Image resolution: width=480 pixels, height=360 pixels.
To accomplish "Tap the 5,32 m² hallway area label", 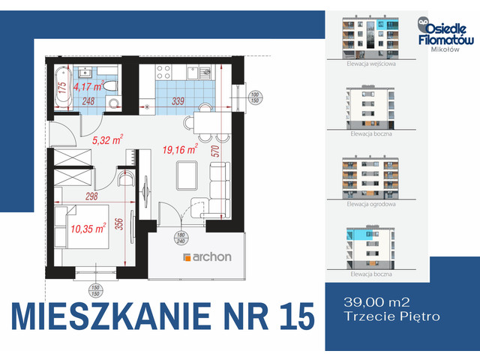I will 107,139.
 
